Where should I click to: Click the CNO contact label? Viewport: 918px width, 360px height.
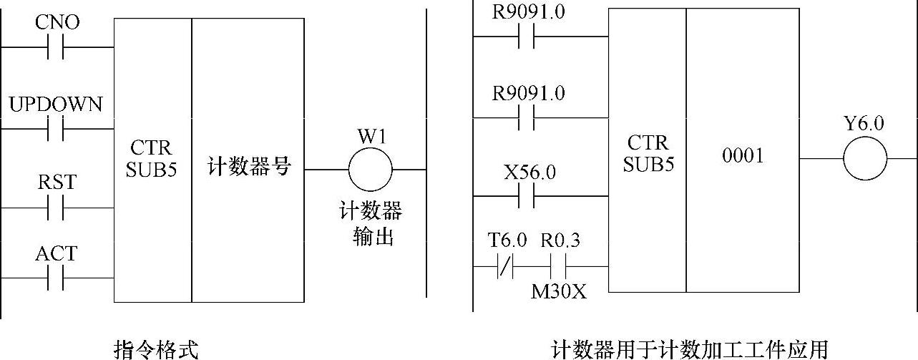(57, 23)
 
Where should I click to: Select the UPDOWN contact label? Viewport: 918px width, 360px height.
(56, 104)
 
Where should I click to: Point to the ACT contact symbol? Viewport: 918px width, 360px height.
(56, 278)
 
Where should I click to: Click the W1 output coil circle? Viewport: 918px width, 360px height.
(370, 170)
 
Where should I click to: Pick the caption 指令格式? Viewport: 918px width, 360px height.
(155, 349)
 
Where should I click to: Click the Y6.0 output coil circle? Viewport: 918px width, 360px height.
(864, 158)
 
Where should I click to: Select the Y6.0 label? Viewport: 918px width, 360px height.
(864, 124)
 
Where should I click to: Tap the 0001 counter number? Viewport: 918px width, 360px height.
(743, 157)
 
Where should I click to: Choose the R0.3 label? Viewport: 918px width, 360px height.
(560, 242)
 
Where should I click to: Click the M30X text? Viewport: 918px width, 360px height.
(558, 291)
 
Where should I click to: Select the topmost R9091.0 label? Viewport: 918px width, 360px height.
(529, 12)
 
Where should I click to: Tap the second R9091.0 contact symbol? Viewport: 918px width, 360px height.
(529, 119)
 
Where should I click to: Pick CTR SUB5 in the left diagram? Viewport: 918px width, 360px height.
(152, 158)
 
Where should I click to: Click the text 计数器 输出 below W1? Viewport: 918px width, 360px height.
(370, 224)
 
